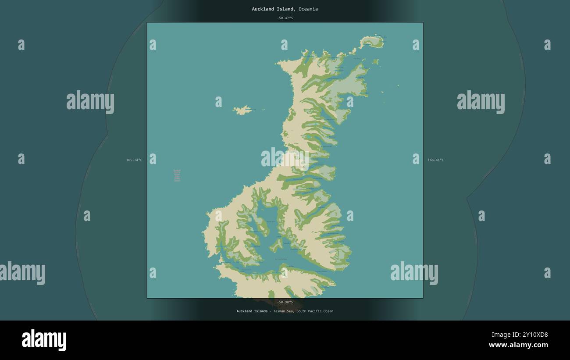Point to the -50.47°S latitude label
pyautogui.click(x=285, y=18)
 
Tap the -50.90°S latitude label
pyautogui.click(x=285, y=302)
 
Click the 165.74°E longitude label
pyautogui.click(x=134, y=160)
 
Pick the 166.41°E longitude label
pyautogui.click(x=435, y=160)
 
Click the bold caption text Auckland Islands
pyautogui.click(x=252, y=311)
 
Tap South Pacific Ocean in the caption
pyautogui.click(x=314, y=311)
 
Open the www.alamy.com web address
pyautogui.click(x=518, y=345)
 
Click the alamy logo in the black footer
pyautogui.click(x=44, y=340)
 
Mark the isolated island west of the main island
pyautogui.click(x=242, y=110)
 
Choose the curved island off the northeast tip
pyautogui.click(x=372, y=42)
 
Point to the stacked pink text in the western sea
pyautogui.click(x=177, y=175)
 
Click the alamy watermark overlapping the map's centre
pyautogui.click(x=285, y=158)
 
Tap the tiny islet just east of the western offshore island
pyautogui.click(x=264, y=110)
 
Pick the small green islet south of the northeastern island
pyautogui.click(x=375, y=62)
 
